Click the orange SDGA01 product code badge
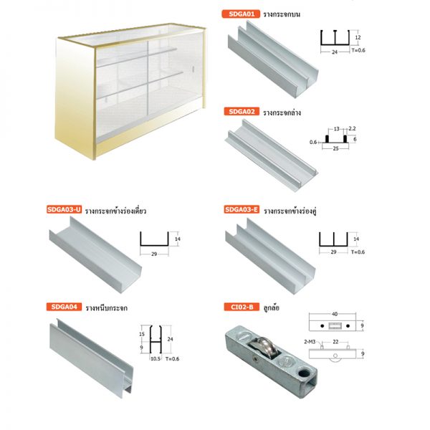(241, 14)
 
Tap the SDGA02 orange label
(242, 112)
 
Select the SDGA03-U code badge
(64, 209)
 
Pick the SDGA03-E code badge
(242, 209)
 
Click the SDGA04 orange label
(64, 307)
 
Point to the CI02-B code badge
(242, 307)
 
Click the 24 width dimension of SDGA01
(335, 52)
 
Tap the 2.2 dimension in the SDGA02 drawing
(352, 128)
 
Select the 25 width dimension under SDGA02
(335, 148)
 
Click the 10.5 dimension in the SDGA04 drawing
(156, 358)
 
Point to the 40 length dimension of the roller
(334, 314)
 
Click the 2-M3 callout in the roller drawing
(310, 342)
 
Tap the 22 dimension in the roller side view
(335, 342)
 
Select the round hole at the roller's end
(304, 373)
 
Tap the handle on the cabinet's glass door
(194, 69)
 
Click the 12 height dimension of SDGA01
(358, 37)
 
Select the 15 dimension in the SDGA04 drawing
(141, 334)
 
